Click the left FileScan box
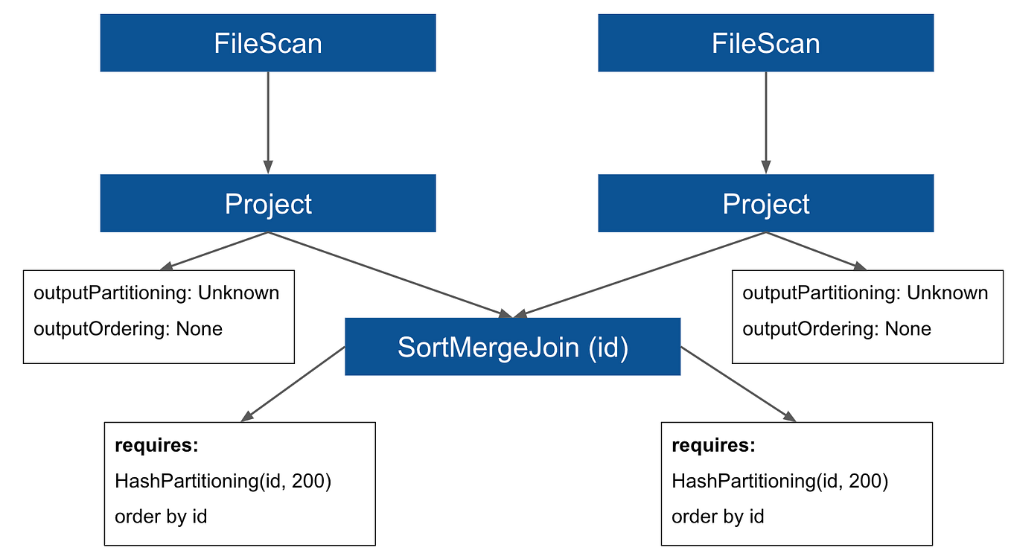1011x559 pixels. (268, 43)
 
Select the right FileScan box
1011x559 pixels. (765, 43)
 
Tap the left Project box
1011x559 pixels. (268, 203)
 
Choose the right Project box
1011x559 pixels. (765, 203)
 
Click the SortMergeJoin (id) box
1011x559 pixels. (513, 347)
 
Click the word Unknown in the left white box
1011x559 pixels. (238, 293)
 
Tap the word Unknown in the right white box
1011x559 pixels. (947, 293)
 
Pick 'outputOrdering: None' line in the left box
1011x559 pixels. (128, 329)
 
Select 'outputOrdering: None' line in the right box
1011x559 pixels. (837, 329)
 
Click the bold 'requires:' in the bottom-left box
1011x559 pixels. (156, 446)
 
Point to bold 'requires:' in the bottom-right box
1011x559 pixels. (713, 446)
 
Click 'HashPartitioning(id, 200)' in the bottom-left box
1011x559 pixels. (223, 482)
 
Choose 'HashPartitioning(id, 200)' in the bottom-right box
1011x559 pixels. (779, 482)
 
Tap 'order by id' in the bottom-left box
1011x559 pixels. (161, 517)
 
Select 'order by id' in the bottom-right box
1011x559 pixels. (718, 517)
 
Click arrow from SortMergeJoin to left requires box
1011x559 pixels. (294, 384)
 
